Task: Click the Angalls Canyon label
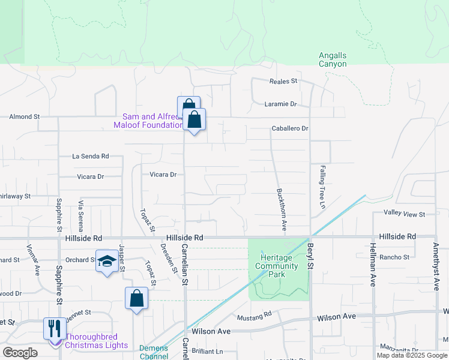[x=333, y=59]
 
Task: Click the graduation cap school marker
[x=107, y=262]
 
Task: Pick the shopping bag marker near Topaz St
[x=137, y=298]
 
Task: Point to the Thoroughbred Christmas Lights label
[x=96, y=341]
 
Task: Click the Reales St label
[x=283, y=81]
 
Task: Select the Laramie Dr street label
[x=281, y=104]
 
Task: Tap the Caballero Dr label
[x=290, y=128]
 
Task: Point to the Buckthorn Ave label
[x=279, y=210]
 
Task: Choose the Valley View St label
[x=404, y=214]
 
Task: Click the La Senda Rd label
[x=90, y=156]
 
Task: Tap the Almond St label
[x=24, y=116]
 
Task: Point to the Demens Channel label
[x=154, y=352]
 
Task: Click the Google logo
[x=20, y=352]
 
